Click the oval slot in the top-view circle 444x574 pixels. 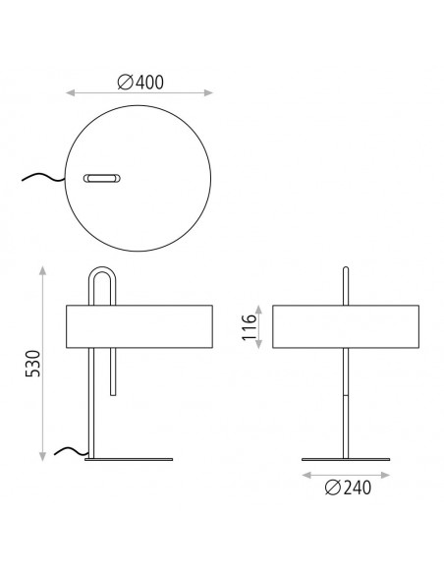click(x=102, y=178)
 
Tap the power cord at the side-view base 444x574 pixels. click(x=68, y=451)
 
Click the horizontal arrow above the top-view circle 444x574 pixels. click(x=139, y=94)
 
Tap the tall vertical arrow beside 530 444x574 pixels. click(x=43, y=363)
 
